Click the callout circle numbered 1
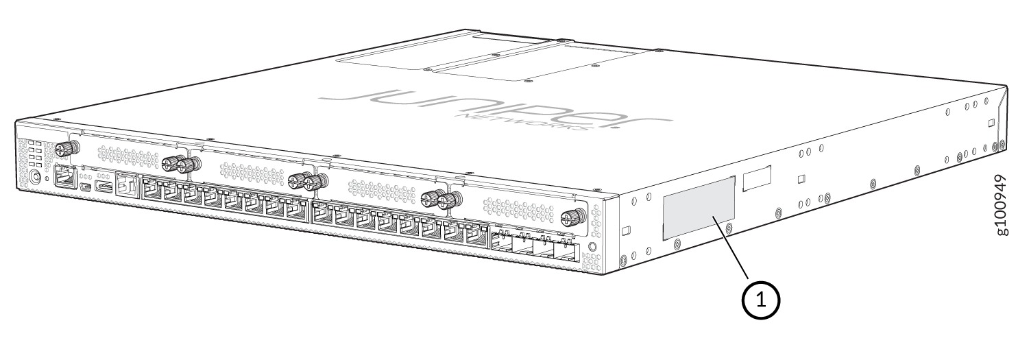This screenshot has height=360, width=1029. (x=761, y=300)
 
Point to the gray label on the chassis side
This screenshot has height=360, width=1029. (x=699, y=208)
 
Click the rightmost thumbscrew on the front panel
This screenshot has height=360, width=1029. (x=569, y=219)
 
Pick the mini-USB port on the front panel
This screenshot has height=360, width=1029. (x=84, y=186)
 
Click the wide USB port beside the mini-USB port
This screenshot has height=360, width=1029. (x=104, y=187)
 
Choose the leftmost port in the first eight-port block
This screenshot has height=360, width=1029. (x=151, y=189)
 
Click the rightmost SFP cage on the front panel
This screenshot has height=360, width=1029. (x=567, y=250)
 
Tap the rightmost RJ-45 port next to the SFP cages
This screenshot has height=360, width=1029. (x=475, y=237)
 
